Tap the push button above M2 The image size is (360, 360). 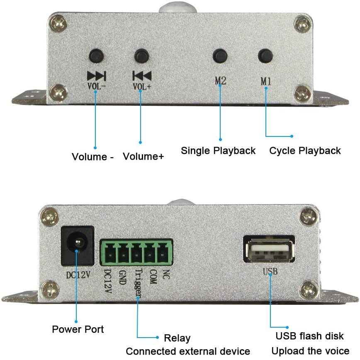pos(220,56)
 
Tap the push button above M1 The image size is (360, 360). pos(265,56)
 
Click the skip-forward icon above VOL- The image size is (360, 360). pos(96,76)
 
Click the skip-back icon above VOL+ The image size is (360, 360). pos(142,76)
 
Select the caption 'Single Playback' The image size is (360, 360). pos(218,151)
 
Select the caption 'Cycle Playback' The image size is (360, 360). pos(305,151)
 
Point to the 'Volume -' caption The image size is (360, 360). pos(92,157)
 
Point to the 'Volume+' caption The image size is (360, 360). pos(143,156)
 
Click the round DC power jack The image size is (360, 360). pos(78,246)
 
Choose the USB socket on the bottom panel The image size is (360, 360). pos(269,250)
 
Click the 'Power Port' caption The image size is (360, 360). pos(78,329)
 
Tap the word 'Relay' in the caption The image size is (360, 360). pos(177,338)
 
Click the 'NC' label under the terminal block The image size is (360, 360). pos(166,275)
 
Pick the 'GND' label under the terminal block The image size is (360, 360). pos(123,277)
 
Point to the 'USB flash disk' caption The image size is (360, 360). pos(309,336)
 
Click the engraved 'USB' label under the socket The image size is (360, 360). pos(270,271)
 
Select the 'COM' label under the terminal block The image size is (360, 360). pos(153,277)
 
